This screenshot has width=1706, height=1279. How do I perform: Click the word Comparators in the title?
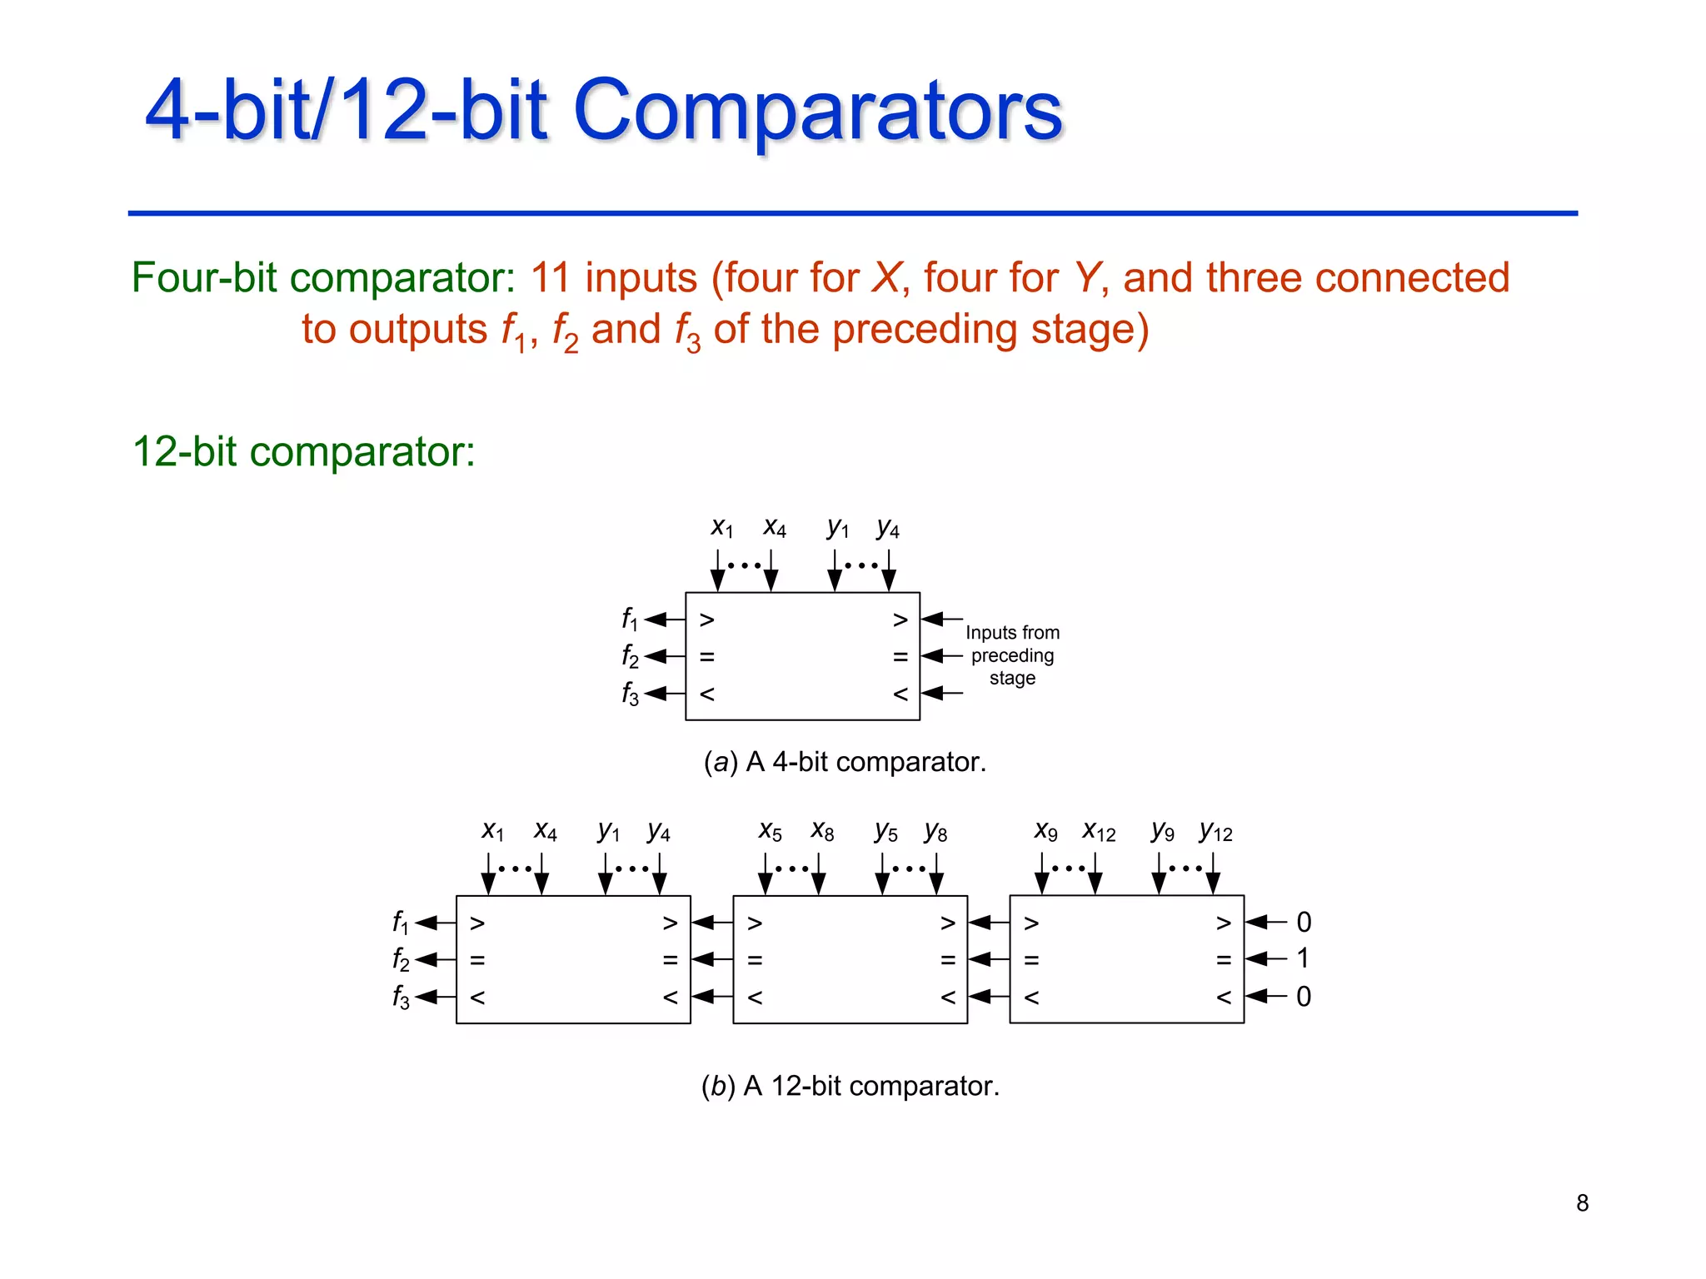coord(817,111)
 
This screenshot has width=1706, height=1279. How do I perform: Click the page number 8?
coord(1582,1202)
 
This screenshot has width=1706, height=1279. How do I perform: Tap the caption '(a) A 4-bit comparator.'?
coord(845,762)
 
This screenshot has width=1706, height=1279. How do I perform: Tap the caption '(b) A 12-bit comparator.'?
coord(850,1086)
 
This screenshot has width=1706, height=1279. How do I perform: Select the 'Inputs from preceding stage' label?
coord(1012,655)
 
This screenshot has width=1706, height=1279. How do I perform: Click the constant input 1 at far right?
coord(1303,958)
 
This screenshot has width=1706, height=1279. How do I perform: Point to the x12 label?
coord(1099,832)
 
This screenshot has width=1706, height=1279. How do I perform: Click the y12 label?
coord(1215,832)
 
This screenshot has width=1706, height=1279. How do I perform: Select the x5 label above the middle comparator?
coord(770,832)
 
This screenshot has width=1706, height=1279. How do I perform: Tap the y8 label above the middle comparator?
coord(935,832)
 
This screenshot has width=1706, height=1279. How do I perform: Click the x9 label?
coord(1045,832)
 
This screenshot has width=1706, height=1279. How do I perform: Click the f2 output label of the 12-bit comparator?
coord(401,960)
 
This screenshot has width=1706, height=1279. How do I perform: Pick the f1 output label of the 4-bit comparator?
coord(630,620)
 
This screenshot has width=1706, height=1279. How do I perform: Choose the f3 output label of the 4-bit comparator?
coord(630,694)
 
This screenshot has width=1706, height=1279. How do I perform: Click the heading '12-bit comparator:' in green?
coord(303,452)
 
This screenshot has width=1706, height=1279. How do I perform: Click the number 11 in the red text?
coord(550,278)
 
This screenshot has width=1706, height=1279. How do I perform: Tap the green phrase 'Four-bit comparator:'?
coord(324,278)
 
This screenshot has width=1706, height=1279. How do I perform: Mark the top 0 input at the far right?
coord(1304,922)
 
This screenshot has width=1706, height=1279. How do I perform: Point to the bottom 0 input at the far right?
coord(1304,996)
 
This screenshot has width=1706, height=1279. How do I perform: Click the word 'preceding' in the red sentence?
coord(925,330)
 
